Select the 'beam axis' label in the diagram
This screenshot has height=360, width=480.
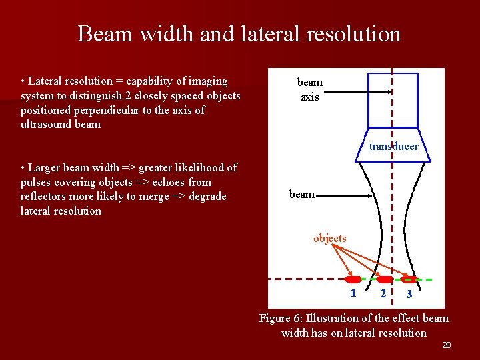tap(309, 89)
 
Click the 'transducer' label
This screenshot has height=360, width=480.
tap(394, 146)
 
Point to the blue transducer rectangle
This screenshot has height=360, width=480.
tap(393, 100)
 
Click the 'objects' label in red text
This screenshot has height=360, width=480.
tap(330, 238)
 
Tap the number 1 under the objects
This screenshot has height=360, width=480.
tap(353, 293)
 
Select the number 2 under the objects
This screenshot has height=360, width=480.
tap(382, 293)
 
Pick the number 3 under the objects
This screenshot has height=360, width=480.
tap(409, 294)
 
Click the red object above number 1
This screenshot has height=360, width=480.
tap(353, 279)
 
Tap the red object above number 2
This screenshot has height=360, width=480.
tap(385, 279)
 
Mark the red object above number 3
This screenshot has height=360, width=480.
tap(409, 279)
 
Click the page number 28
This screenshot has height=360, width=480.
tap(447, 345)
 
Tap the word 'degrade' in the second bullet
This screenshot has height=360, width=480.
tap(208, 196)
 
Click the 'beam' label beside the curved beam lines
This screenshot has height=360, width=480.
tap(301, 194)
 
